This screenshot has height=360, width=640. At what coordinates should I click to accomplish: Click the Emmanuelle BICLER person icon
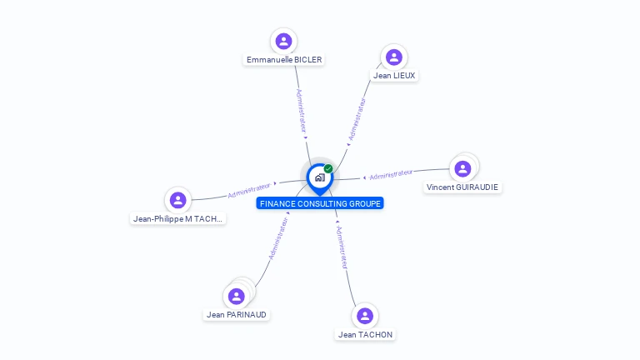point(283,41)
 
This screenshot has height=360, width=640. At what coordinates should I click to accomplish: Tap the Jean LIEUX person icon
point(394,57)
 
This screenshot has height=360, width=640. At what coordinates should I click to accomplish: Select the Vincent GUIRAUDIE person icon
point(462,168)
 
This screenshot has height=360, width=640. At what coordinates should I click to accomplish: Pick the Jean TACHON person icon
point(364,316)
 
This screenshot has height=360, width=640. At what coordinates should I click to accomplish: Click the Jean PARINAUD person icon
point(237,296)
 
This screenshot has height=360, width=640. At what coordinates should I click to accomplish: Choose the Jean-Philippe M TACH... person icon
point(177,200)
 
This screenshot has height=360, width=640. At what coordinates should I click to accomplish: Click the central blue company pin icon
point(319,177)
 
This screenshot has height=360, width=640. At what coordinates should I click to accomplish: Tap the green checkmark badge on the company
point(328,168)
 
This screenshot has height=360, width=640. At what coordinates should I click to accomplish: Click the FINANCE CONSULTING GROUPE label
point(320,203)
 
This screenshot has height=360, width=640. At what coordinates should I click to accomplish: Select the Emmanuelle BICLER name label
point(284,60)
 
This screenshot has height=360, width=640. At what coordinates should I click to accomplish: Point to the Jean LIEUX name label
point(394,76)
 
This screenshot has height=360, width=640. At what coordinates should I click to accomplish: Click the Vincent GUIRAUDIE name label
point(462,187)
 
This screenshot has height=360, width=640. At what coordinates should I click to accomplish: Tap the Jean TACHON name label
point(365,335)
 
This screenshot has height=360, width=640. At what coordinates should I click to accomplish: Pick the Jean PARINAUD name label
point(237,315)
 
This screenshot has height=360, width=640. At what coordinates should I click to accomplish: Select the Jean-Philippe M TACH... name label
point(178,219)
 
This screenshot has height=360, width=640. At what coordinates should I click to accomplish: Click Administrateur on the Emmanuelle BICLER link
point(302,110)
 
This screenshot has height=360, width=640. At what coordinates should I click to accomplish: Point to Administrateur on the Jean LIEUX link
point(357,119)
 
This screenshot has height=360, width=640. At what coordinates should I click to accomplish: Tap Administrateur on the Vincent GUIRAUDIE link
point(391,174)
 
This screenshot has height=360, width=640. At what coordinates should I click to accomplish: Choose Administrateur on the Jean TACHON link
point(341,247)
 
